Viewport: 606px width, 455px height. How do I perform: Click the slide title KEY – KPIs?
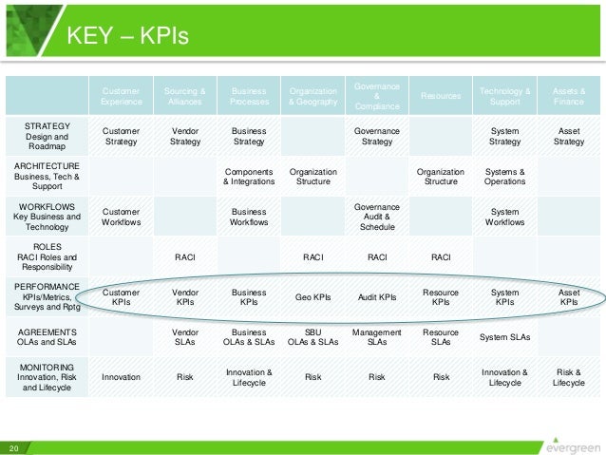[x=127, y=38]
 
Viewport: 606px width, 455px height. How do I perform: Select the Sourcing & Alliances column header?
[x=185, y=97]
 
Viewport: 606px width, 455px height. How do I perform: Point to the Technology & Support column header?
[x=504, y=97]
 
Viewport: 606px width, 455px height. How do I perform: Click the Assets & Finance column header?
[x=569, y=97]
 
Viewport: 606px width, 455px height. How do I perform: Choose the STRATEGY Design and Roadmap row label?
[x=47, y=136]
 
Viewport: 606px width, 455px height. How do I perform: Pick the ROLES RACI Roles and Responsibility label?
[x=47, y=256]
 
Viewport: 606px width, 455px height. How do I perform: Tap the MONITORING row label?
[x=47, y=377]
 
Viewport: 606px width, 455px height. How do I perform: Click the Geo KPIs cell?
[x=312, y=297]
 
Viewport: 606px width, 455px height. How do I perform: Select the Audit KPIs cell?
[x=377, y=297]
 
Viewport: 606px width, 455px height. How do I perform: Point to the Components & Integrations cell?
[x=249, y=177]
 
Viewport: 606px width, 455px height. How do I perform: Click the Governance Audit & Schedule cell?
[x=377, y=217]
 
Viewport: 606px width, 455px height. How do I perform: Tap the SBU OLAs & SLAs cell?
[x=312, y=337]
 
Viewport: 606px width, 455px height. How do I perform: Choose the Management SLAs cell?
[x=377, y=337]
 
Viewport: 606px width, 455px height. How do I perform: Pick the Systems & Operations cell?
[x=504, y=177]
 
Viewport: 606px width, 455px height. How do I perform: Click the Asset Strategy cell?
[x=569, y=136]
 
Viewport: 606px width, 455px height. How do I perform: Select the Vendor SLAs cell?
[x=185, y=337]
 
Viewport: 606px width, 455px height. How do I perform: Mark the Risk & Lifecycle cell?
[x=569, y=377]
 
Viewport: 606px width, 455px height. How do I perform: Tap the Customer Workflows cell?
[x=121, y=217]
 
